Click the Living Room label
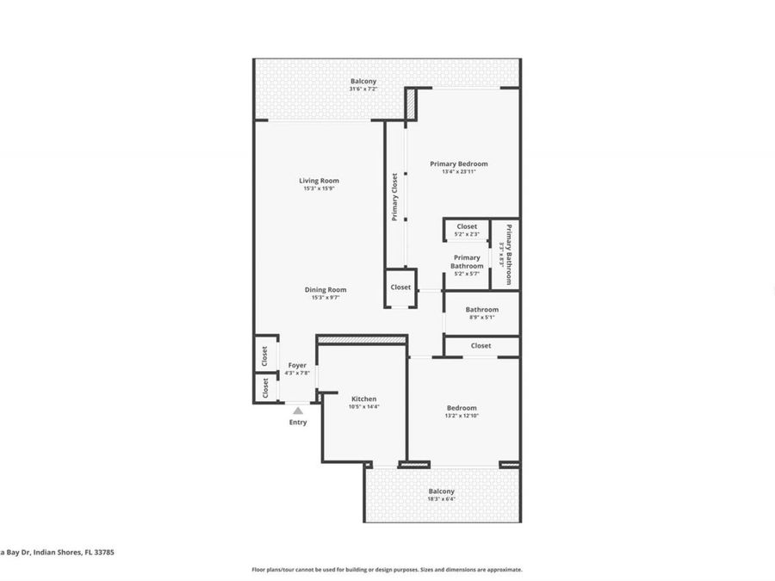(319, 181)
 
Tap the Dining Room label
(325, 290)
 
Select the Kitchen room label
(363, 399)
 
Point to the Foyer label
(297, 366)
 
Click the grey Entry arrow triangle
(298, 411)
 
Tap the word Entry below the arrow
(298, 423)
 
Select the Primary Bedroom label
(458, 164)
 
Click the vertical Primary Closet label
(395, 197)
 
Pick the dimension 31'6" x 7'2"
(363, 90)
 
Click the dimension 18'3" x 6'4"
(441, 500)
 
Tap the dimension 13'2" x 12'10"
(461, 416)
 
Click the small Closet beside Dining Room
(400, 287)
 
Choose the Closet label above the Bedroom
(480, 346)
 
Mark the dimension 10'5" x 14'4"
(363, 407)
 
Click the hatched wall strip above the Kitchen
(362, 341)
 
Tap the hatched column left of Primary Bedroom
(412, 104)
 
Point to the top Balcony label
(363, 82)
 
